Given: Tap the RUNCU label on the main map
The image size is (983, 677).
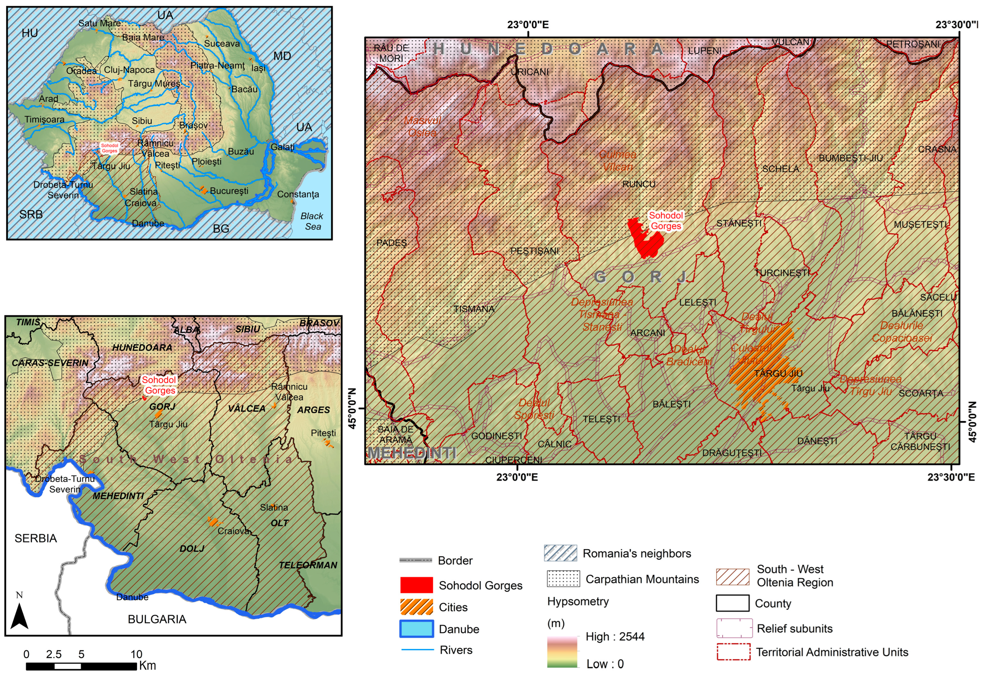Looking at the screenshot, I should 638,184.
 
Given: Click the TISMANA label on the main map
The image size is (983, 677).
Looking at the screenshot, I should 473,309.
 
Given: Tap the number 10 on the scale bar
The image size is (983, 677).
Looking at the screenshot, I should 136,654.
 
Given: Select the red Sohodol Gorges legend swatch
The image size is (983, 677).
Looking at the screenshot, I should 416,585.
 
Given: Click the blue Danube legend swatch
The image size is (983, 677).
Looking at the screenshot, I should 416,628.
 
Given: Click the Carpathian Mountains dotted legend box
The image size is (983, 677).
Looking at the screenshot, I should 563,579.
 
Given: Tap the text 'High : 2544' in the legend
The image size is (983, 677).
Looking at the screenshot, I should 615,636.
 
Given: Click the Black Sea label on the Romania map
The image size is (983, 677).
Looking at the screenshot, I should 312,221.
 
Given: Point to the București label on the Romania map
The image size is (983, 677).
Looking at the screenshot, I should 229,191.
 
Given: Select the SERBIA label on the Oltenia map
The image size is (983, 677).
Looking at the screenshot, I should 36,538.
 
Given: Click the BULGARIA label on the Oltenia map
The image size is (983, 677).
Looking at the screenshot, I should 157,619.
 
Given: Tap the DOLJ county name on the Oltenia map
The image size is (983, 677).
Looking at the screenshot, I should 192,548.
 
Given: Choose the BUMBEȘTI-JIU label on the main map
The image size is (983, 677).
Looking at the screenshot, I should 850,158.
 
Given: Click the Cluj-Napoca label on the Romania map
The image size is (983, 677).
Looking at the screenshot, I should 129,70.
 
